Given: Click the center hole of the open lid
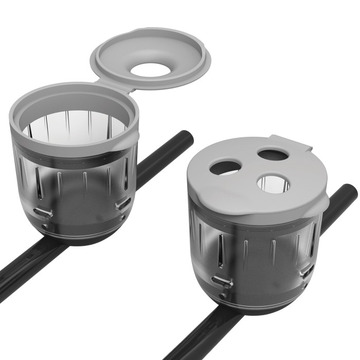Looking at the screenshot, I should point(154,69).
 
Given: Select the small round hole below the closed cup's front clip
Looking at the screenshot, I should point(223,296).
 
